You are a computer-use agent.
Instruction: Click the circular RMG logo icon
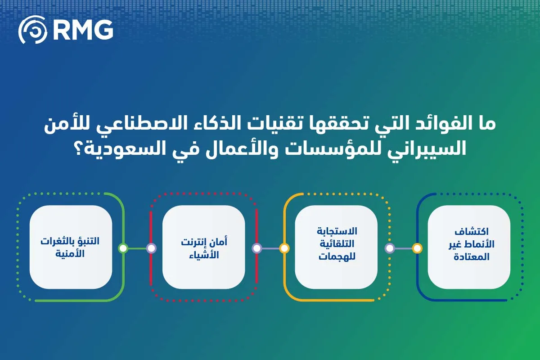coord(32,30)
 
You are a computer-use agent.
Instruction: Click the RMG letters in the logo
coord(83,30)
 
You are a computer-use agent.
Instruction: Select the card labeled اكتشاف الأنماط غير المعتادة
coord(469,247)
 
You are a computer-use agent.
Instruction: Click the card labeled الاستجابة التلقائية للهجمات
coord(336,247)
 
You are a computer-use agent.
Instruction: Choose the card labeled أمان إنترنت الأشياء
coord(203,247)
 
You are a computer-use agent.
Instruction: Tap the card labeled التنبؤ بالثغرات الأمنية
coord(71,247)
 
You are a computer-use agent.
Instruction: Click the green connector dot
coord(123,248)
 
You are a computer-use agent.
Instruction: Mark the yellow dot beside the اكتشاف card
coord(417,248)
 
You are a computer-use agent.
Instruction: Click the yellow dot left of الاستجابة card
coord(284,248)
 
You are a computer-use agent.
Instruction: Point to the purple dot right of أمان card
coord(256,248)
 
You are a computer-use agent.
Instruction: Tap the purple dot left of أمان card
coord(151,248)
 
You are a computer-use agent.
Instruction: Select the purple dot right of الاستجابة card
coord(390,248)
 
